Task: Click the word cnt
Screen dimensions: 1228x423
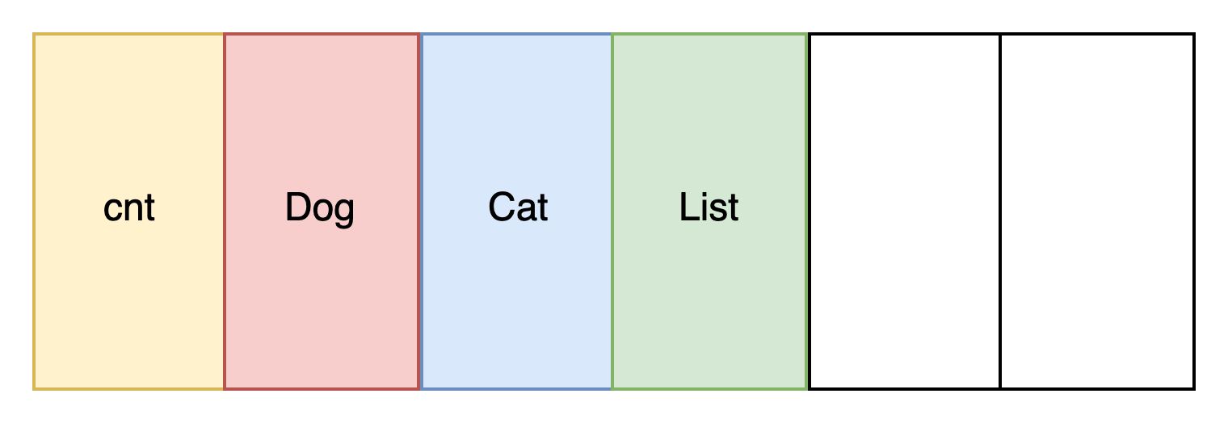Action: pos(128,208)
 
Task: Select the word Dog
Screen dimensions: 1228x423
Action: pos(320,208)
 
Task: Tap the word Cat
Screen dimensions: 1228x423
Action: pos(518,207)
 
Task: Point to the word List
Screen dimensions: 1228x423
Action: pos(709,207)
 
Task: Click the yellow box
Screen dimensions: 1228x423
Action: pos(128,211)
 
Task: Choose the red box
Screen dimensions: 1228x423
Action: pos(322,211)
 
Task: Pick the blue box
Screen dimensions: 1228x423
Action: pos(516,211)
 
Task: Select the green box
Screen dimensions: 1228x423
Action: pos(709,211)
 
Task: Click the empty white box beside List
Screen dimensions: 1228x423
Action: pos(905,211)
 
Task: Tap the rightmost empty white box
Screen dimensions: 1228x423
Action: pos(1097,211)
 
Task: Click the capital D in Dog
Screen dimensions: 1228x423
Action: pos(299,207)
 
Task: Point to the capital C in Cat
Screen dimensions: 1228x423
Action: pos(503,207)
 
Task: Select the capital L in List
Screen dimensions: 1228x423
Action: pos(690,207)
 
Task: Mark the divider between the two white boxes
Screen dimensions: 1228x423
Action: pos(1000,211)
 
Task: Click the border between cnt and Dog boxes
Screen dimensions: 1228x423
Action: pos(225,211)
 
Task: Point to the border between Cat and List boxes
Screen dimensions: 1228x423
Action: pos(612,211)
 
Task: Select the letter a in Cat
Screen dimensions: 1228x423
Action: pos(528,211)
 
